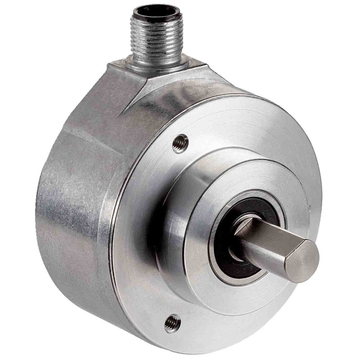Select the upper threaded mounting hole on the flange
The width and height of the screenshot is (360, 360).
click(x=181, y=144)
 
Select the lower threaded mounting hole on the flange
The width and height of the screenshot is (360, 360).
click(x=171, y=323)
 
